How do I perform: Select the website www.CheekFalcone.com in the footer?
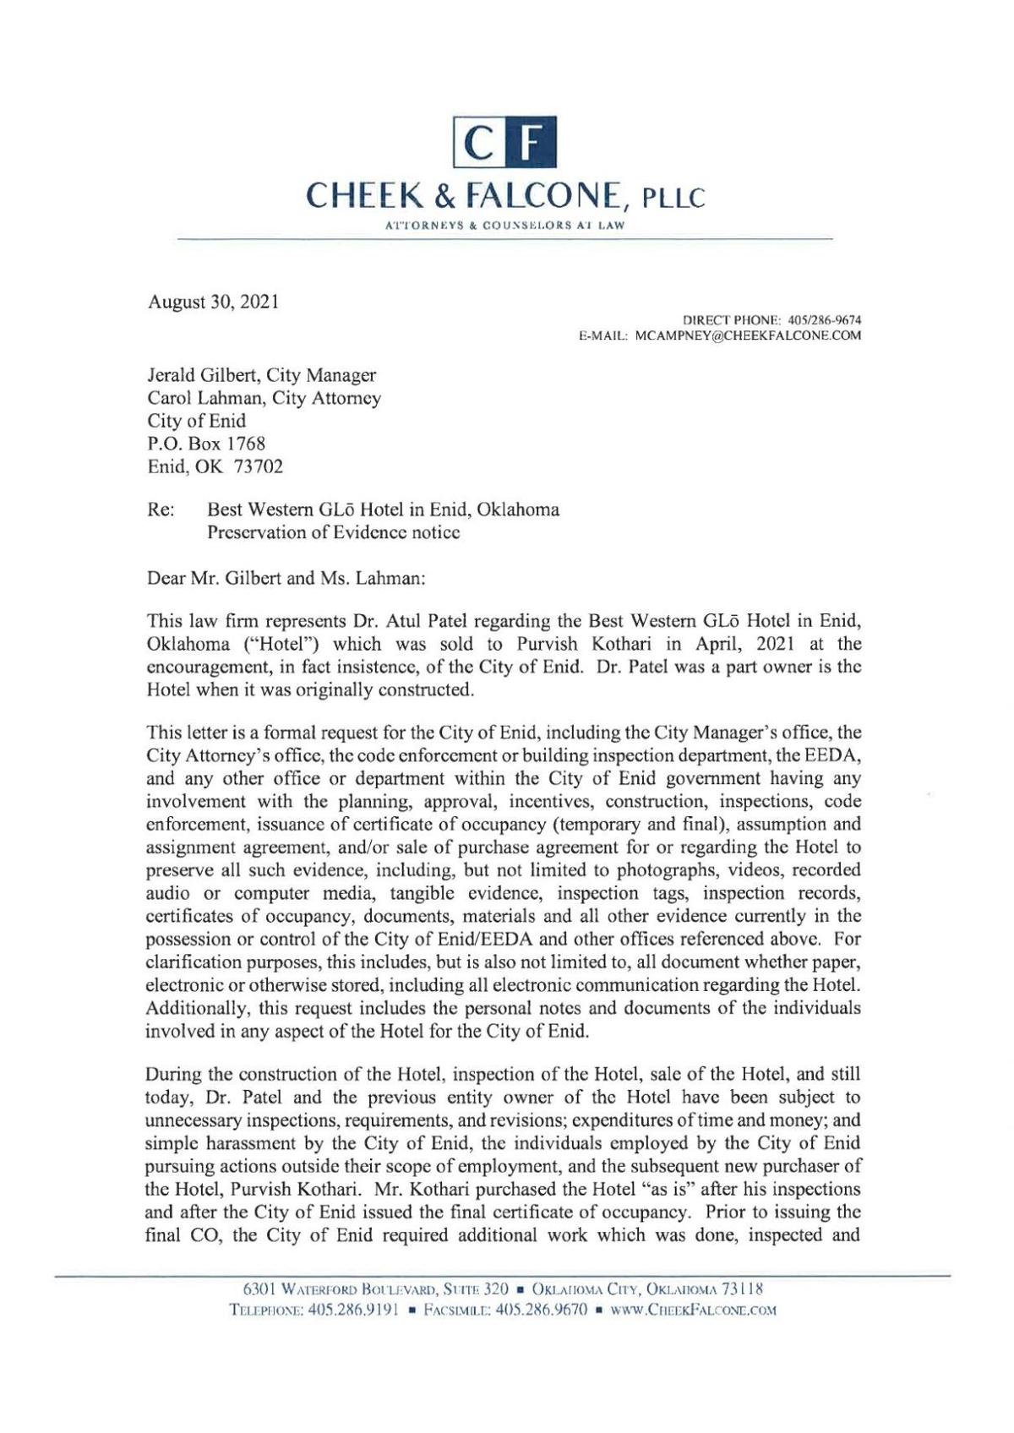[710, 1310]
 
